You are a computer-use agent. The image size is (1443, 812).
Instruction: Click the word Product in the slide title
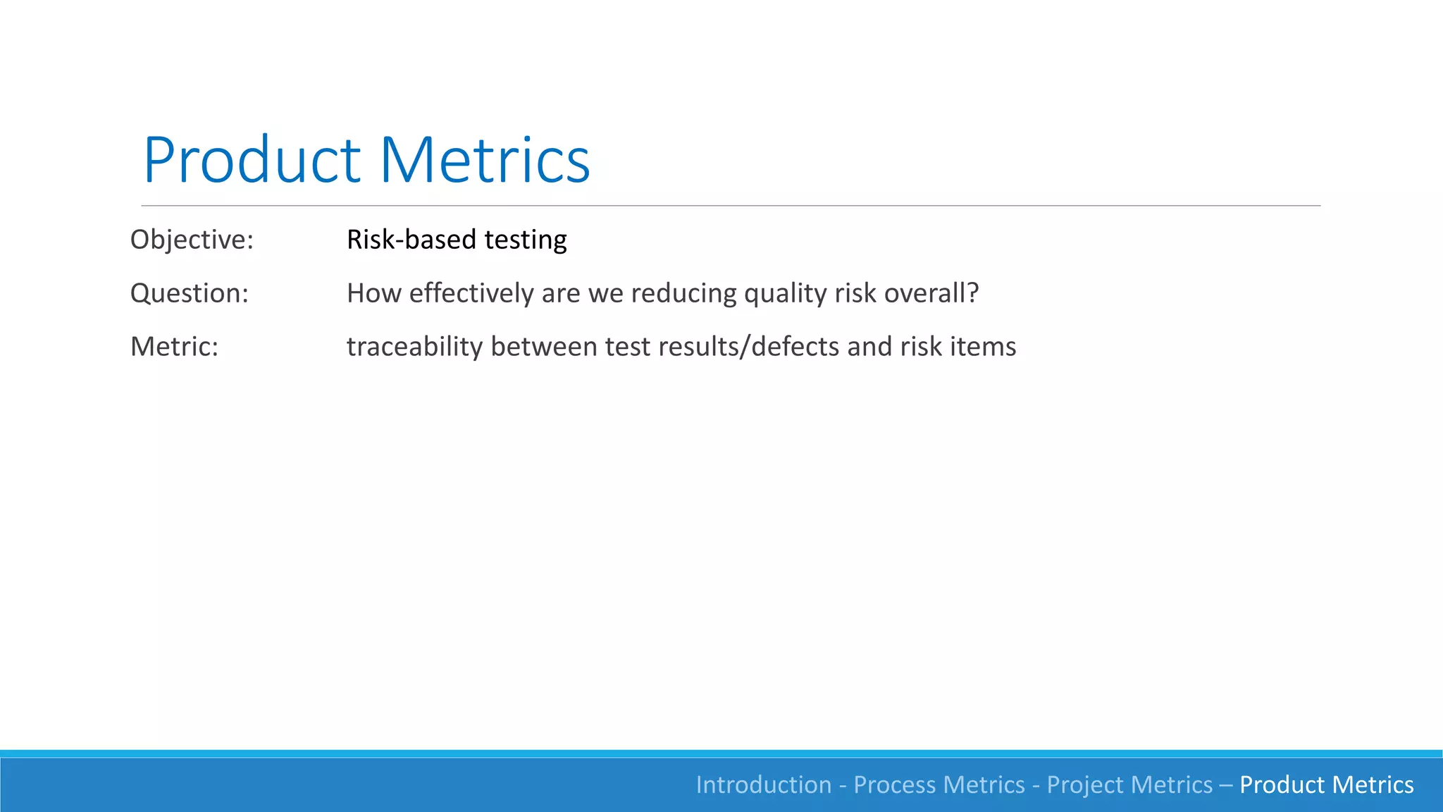pyautogui.click(x=252, y=161)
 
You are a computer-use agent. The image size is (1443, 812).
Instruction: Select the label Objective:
pyautogui.click(x=192, y=240)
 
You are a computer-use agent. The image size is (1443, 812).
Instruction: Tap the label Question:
pyautogui.click(x=190, y=293)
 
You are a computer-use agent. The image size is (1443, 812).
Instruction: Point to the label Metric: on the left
pyautogui.click(x=174, y=347)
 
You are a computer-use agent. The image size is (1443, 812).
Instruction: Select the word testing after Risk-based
pyautogui.click(x=526, y=240)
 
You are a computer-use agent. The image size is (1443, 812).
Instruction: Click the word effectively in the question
pyautogui.click(x=471, y=293)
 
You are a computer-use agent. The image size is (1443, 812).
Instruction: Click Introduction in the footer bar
pyautogui.click(x=764, y=785)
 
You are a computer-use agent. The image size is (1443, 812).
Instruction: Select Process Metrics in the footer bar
pyautogui.click(x=939, y=785)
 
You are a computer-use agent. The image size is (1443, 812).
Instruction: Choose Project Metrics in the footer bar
pyautogui.click(x=1129, y=785)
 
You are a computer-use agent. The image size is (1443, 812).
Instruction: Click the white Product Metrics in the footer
pyautogui.click(x=1326, y=785)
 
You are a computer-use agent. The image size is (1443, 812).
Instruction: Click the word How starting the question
pyautogui.click(x=373, y=293)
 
